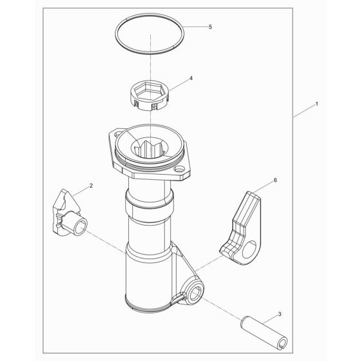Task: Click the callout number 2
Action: pos(92,186)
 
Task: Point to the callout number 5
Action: pos(209,27)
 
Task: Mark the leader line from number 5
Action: pos(194,26)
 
